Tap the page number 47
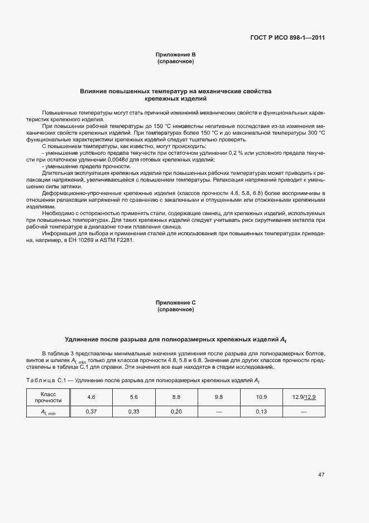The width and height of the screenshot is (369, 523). tap(321, 475)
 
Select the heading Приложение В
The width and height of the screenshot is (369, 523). tap(175, 54)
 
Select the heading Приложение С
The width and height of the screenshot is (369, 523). tap(175, 302)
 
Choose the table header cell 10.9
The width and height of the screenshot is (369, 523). tap(261, 397)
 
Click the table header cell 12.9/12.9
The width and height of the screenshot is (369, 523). tap(304, 397)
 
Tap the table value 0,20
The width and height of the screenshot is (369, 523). tap(176, 411)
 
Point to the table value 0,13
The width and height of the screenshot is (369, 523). tap(261, 411)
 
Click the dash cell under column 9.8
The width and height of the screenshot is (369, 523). tap(218, 411)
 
